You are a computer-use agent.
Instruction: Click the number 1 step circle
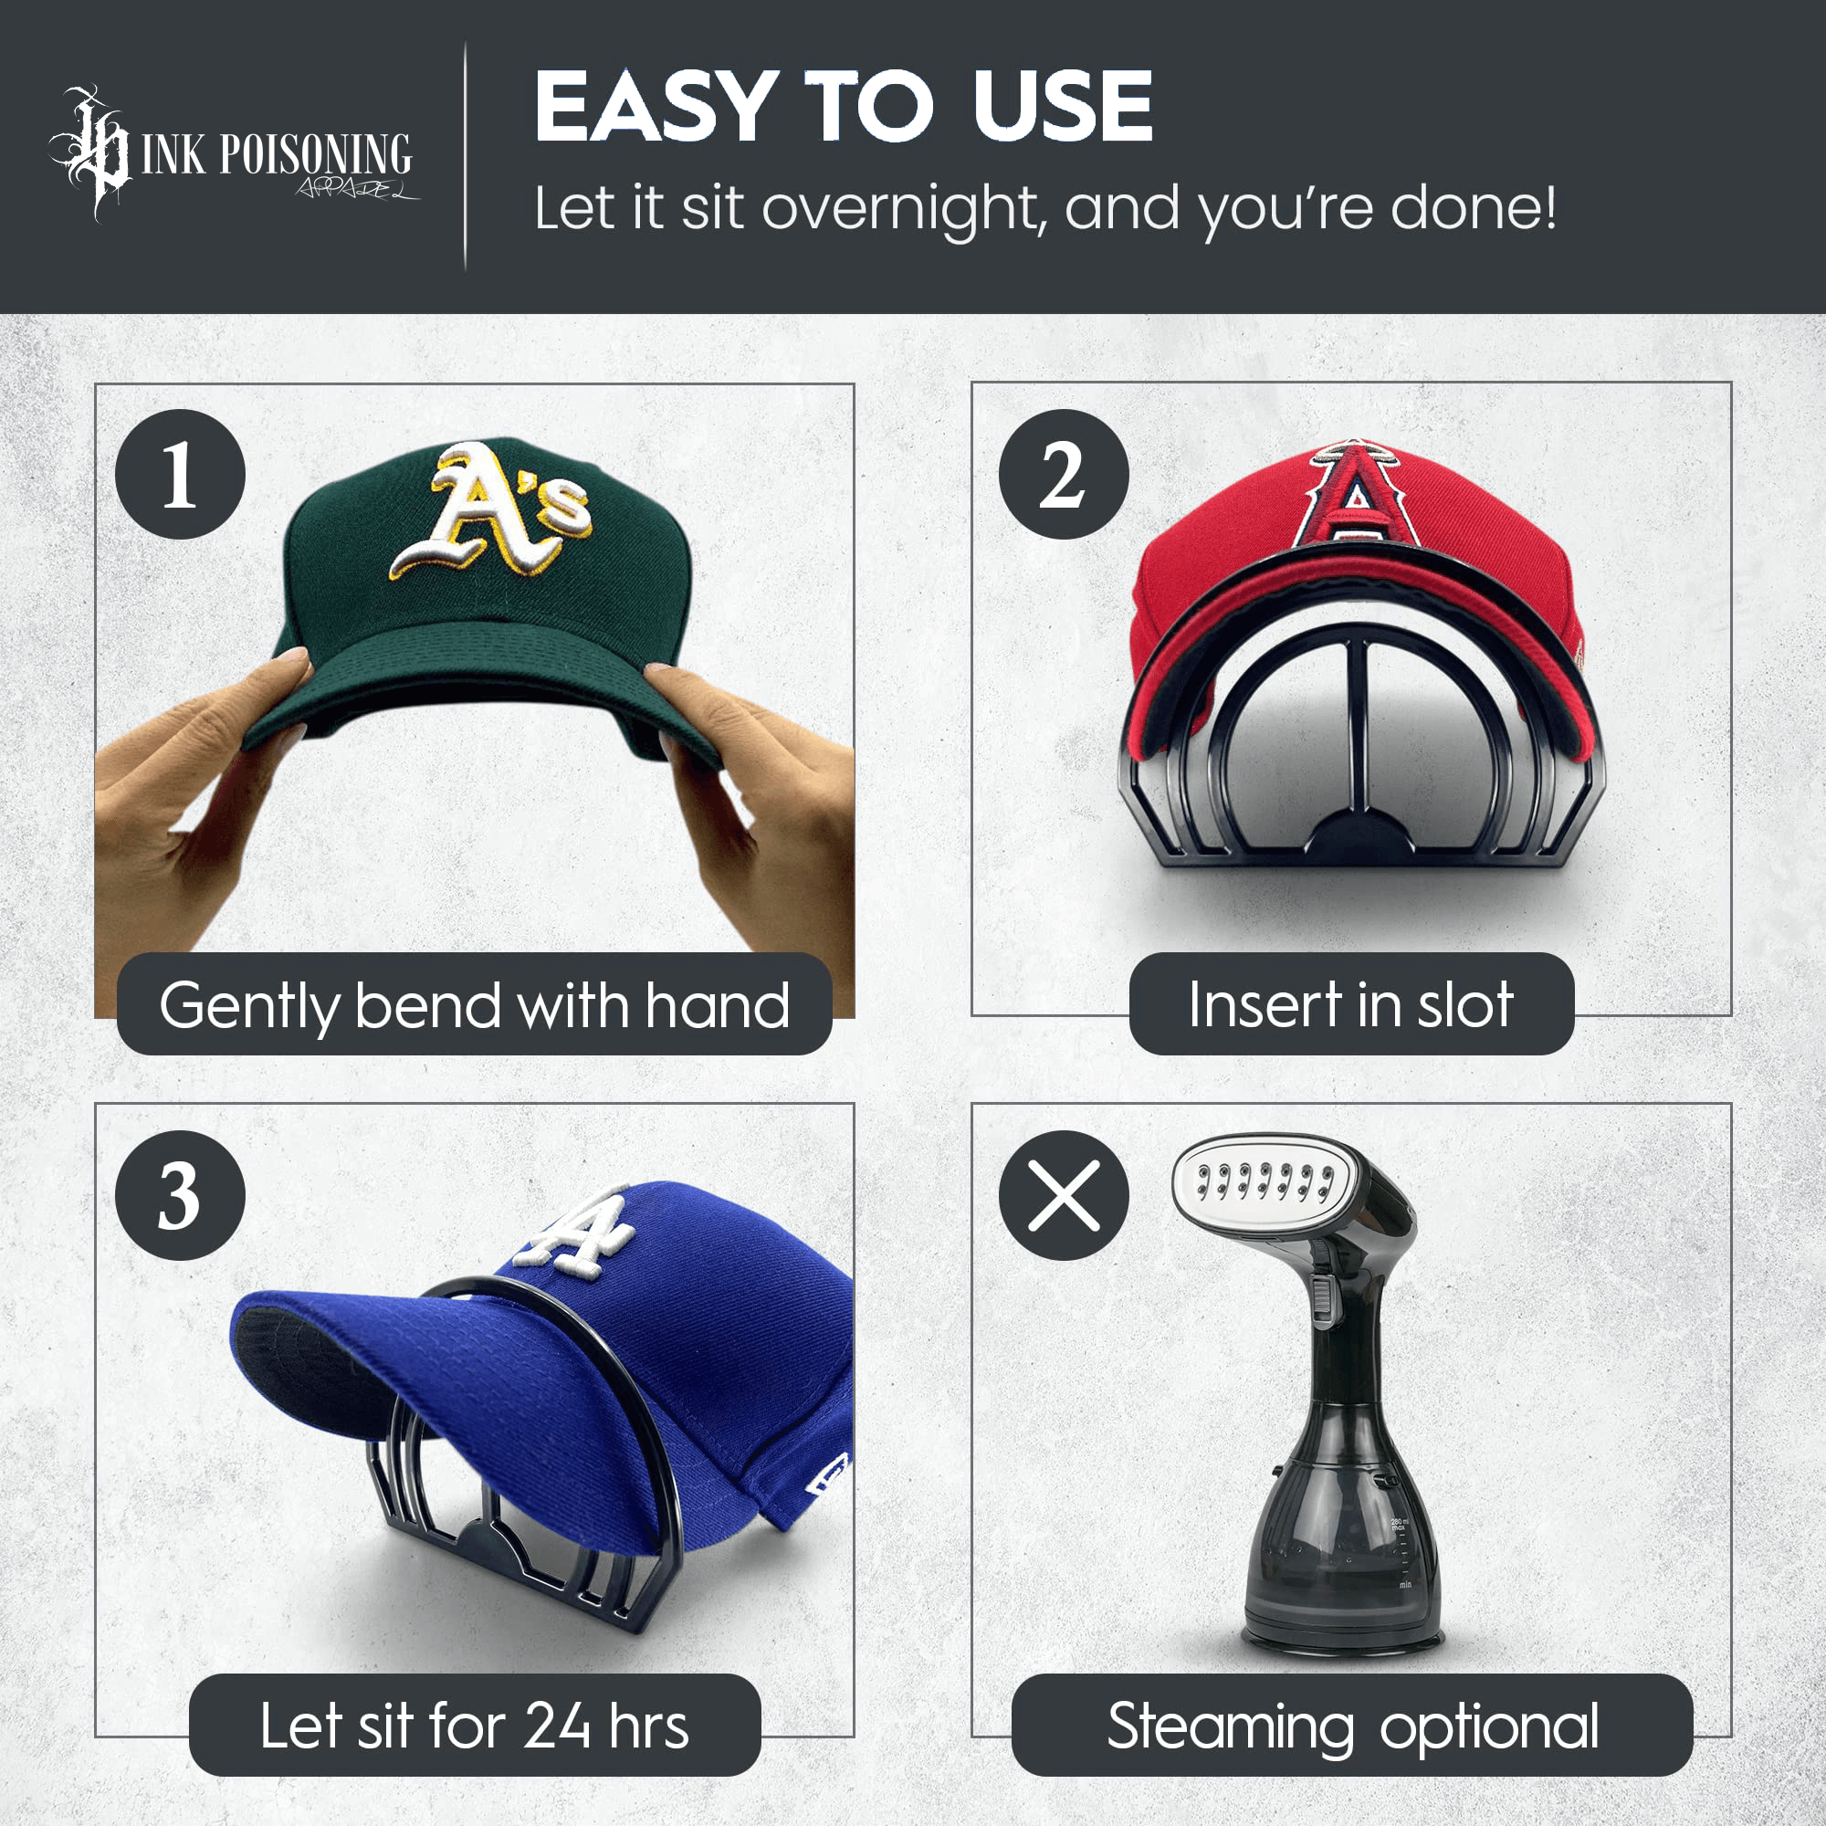point(180,475)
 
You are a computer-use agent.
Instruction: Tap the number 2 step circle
point(1064,475)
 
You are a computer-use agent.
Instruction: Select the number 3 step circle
point(180,1196)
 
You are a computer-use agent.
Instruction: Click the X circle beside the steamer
point(1064,1196)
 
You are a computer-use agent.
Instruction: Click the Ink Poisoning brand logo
point(232,154)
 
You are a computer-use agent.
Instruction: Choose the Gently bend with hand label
point(474,1005)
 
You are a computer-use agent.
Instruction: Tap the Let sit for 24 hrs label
point(474,1726)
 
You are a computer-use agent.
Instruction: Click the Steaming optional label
point(1352,1726)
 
